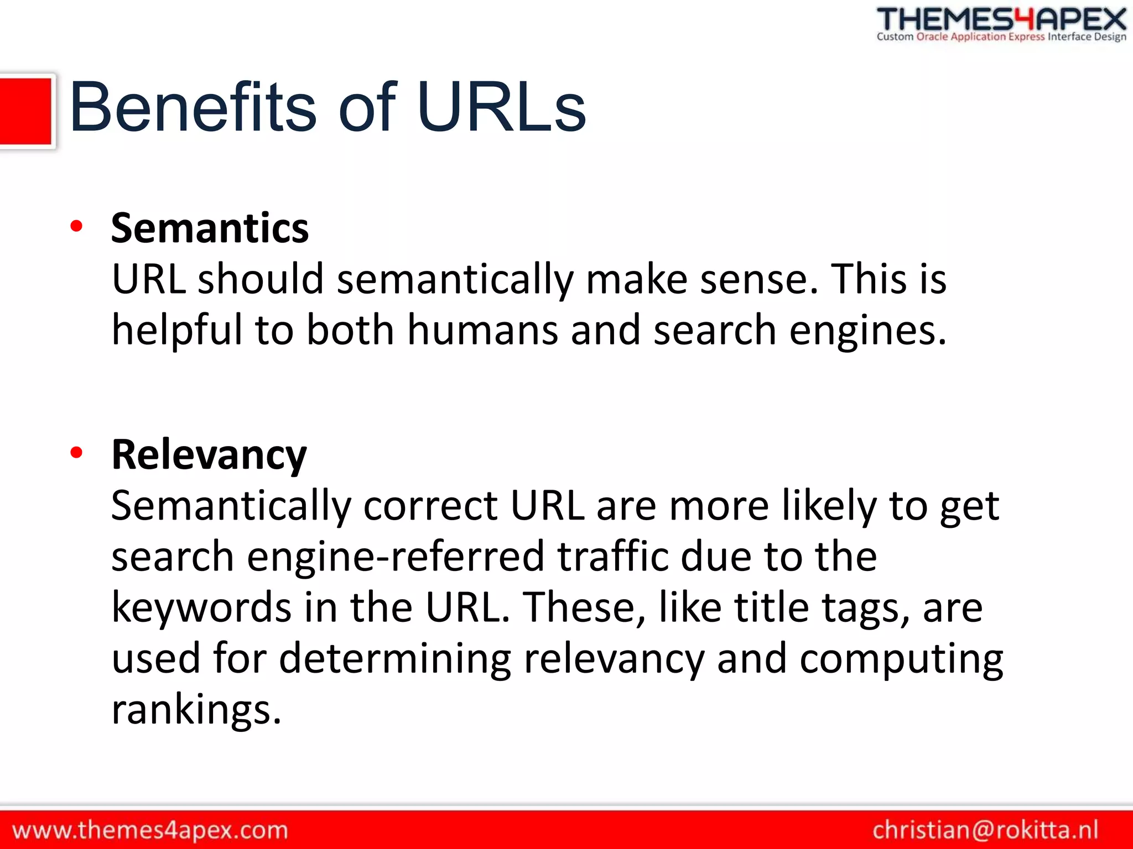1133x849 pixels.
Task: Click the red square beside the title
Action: (x=25, y=111)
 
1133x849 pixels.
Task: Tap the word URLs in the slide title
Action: (x=501, y=107)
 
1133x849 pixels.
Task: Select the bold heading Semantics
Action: (x=210, y=228)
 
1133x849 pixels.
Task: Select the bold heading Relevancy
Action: (x=209, y=455)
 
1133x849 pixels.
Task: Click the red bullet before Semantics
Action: (x=76, y=226)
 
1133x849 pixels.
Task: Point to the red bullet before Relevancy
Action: (x=76, y=453)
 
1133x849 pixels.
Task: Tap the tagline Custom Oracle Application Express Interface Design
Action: (x=1001, y=37)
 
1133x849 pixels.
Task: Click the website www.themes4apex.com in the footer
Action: (x=150, y=830)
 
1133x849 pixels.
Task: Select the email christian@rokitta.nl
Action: (x=985, y=830)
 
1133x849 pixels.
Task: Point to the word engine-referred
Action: (x=395, y=557)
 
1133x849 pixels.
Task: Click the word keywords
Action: (x=201, y=607)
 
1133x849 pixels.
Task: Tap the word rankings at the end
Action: (x=196, y=710)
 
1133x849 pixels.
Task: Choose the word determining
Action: (x=395, y=659)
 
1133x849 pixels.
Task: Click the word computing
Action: (x=901, y=659)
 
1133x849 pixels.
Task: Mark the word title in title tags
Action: (x=772, y=607)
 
